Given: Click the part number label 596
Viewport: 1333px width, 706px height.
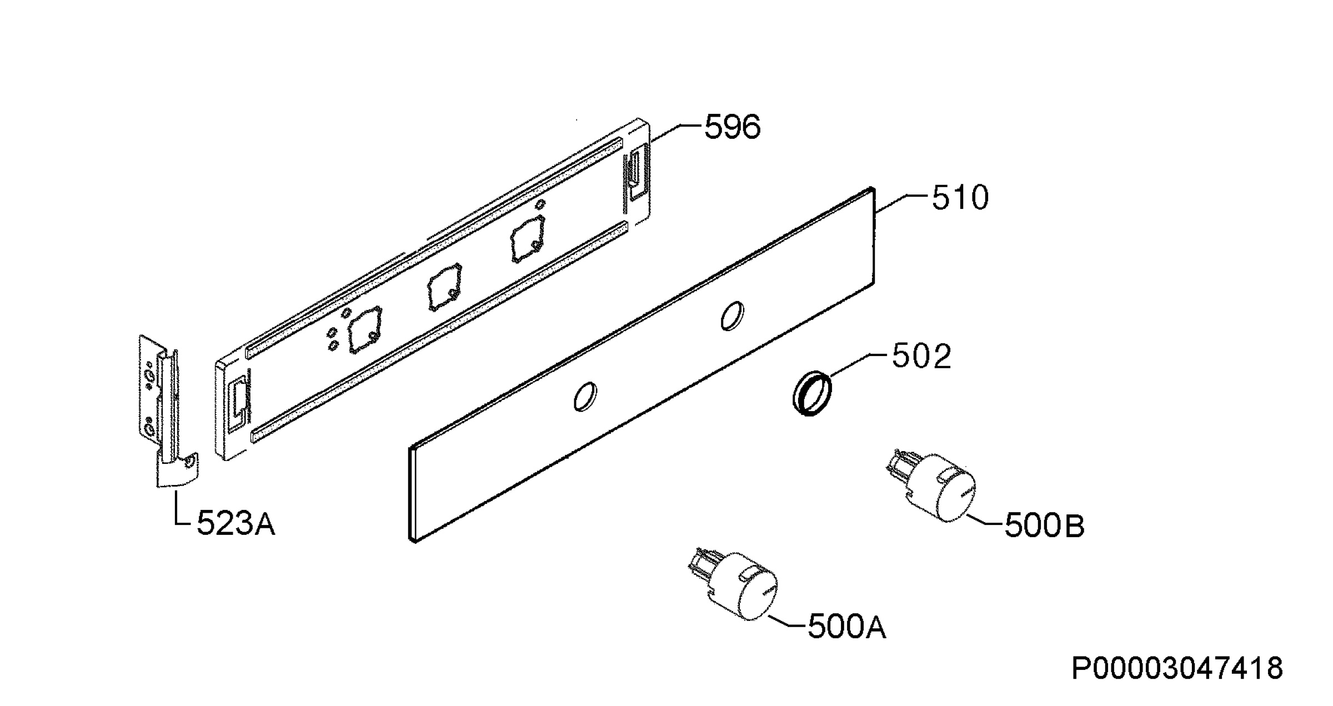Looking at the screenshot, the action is [732, 127].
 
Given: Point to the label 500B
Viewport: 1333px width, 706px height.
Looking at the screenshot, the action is [1044, 525].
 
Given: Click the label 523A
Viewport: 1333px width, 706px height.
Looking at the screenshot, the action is [236, 523].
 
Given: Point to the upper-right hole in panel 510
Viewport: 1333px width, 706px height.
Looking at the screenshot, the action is [732, 316].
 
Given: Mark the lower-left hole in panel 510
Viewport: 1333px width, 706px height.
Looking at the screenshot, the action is [585, 397].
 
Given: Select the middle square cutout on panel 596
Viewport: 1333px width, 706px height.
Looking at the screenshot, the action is [443, 288].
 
